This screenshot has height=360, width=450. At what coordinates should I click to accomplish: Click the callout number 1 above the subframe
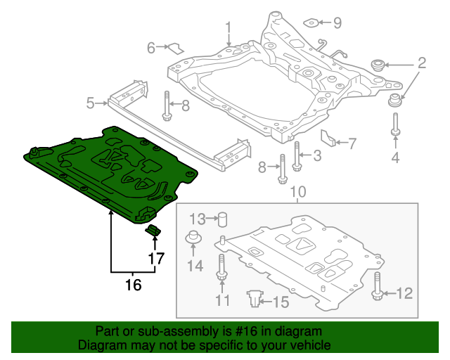tap(229, 27)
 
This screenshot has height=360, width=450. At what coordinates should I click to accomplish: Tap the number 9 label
tap(337, 23)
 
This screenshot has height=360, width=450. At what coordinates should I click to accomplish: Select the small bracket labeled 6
tap(174, 49)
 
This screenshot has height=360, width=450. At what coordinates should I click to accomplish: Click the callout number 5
tap(90, 104)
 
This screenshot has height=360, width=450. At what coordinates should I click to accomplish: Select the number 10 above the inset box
tap(298, 191)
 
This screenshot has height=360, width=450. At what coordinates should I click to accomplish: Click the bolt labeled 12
tap(378, 286)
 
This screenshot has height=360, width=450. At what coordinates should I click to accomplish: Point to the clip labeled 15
tap(255, 300)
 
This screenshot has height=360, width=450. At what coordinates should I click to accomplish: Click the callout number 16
tap(133, 285)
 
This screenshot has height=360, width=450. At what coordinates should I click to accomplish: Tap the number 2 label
tap(421, 64)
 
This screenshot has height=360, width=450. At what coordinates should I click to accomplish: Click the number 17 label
tap(156, 259)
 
